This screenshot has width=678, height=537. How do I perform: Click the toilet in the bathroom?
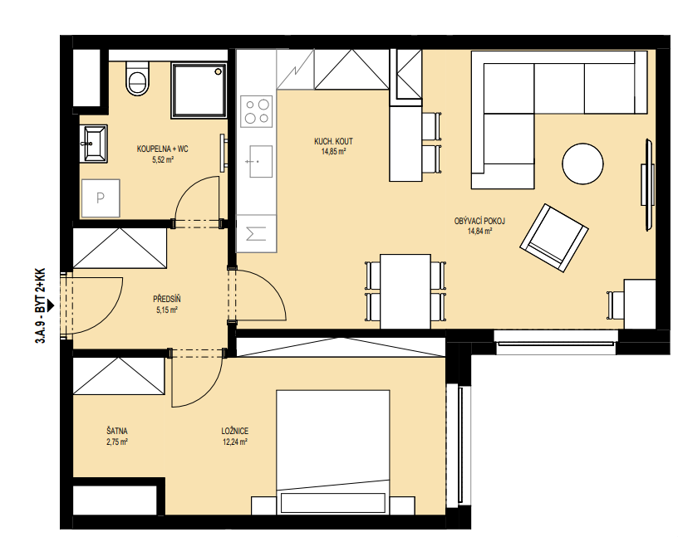pos(138,78)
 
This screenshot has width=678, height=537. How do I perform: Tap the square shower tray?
pos(199,90)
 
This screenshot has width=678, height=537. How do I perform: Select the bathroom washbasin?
pos(93,144)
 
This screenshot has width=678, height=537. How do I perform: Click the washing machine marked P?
pos(101,198)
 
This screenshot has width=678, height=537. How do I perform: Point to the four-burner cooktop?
pos(258,111)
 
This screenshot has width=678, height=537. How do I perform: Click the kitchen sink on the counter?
pos(261,162)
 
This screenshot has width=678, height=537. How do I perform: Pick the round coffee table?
pos(582,164)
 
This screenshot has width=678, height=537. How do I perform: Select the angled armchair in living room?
pos(554,237)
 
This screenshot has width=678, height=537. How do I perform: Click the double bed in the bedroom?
pos(333,452)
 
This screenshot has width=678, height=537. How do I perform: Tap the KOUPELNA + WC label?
pos(163,149)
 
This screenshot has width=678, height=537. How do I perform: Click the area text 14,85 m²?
pos(333,152)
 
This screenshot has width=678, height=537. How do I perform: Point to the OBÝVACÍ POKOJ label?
pos(479,222)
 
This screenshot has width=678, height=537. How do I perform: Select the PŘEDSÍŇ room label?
pos(167,299)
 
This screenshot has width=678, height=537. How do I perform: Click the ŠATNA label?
pos(117,431)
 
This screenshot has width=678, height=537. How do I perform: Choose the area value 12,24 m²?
pos(235,442)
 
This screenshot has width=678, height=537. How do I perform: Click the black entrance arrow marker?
pos(51,305)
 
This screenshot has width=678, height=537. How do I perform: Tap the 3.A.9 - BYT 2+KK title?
pos(40,306)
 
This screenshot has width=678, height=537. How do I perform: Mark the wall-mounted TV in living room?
pos(649,184)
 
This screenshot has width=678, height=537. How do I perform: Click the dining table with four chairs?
pos(405,291)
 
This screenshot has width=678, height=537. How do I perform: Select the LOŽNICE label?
pos(235,431)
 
